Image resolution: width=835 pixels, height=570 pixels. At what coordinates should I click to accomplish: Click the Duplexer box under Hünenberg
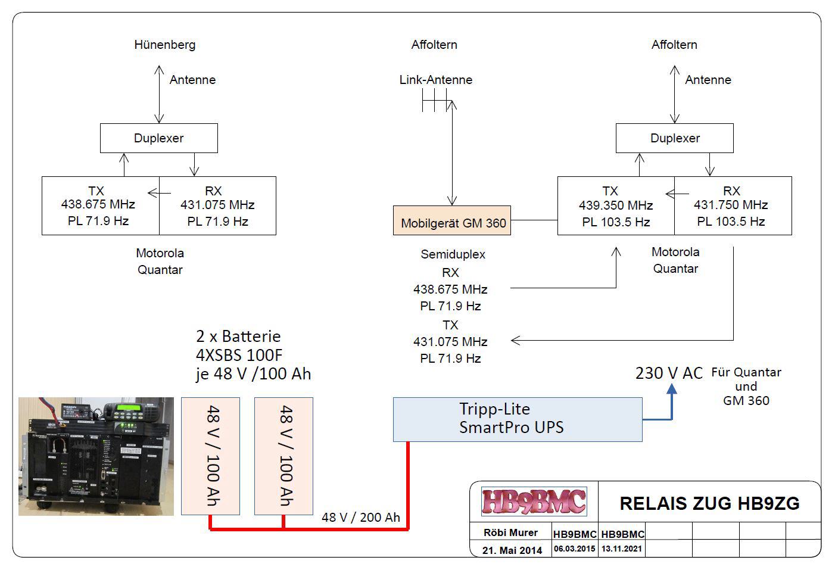coord(158,138)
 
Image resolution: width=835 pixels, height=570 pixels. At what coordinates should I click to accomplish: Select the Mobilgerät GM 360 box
coord(452,221)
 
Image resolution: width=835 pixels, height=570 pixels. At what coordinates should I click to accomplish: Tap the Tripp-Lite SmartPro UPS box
coord(517,419)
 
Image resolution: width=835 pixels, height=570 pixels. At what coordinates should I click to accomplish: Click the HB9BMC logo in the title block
coord(534,502)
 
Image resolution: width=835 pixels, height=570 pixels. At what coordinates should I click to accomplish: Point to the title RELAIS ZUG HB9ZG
coord(709,503)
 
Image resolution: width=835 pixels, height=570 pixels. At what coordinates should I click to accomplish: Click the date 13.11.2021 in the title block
coord(622,549)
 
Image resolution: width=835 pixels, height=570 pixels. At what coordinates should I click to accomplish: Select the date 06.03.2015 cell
coord(574,549)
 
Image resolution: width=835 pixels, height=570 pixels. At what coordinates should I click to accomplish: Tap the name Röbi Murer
coord(511,532)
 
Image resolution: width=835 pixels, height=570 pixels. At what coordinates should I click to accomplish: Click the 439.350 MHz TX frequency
coord(616,205)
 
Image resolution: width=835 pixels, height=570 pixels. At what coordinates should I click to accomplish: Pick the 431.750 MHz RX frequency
coord(731,205)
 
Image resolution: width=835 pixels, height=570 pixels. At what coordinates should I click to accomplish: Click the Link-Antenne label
coord(435,80)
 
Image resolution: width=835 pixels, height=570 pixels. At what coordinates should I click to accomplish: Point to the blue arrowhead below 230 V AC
coord(672,389)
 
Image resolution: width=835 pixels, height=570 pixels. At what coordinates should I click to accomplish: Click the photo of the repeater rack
coord(96,456)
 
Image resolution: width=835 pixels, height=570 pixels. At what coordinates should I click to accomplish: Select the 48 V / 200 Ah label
coord(360,517)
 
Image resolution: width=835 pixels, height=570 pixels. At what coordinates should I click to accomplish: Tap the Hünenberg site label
coord(164,45)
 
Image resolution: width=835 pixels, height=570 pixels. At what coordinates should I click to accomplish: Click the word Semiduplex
coord(453,254)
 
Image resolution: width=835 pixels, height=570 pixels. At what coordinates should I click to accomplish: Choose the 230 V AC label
coord(669,373)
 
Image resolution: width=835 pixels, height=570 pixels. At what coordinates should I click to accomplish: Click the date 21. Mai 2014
coord(512,550)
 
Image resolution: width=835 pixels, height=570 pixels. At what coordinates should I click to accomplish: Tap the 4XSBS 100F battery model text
coord(239,356)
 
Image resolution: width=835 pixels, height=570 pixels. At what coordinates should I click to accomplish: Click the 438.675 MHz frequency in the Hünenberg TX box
coord(98,204)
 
